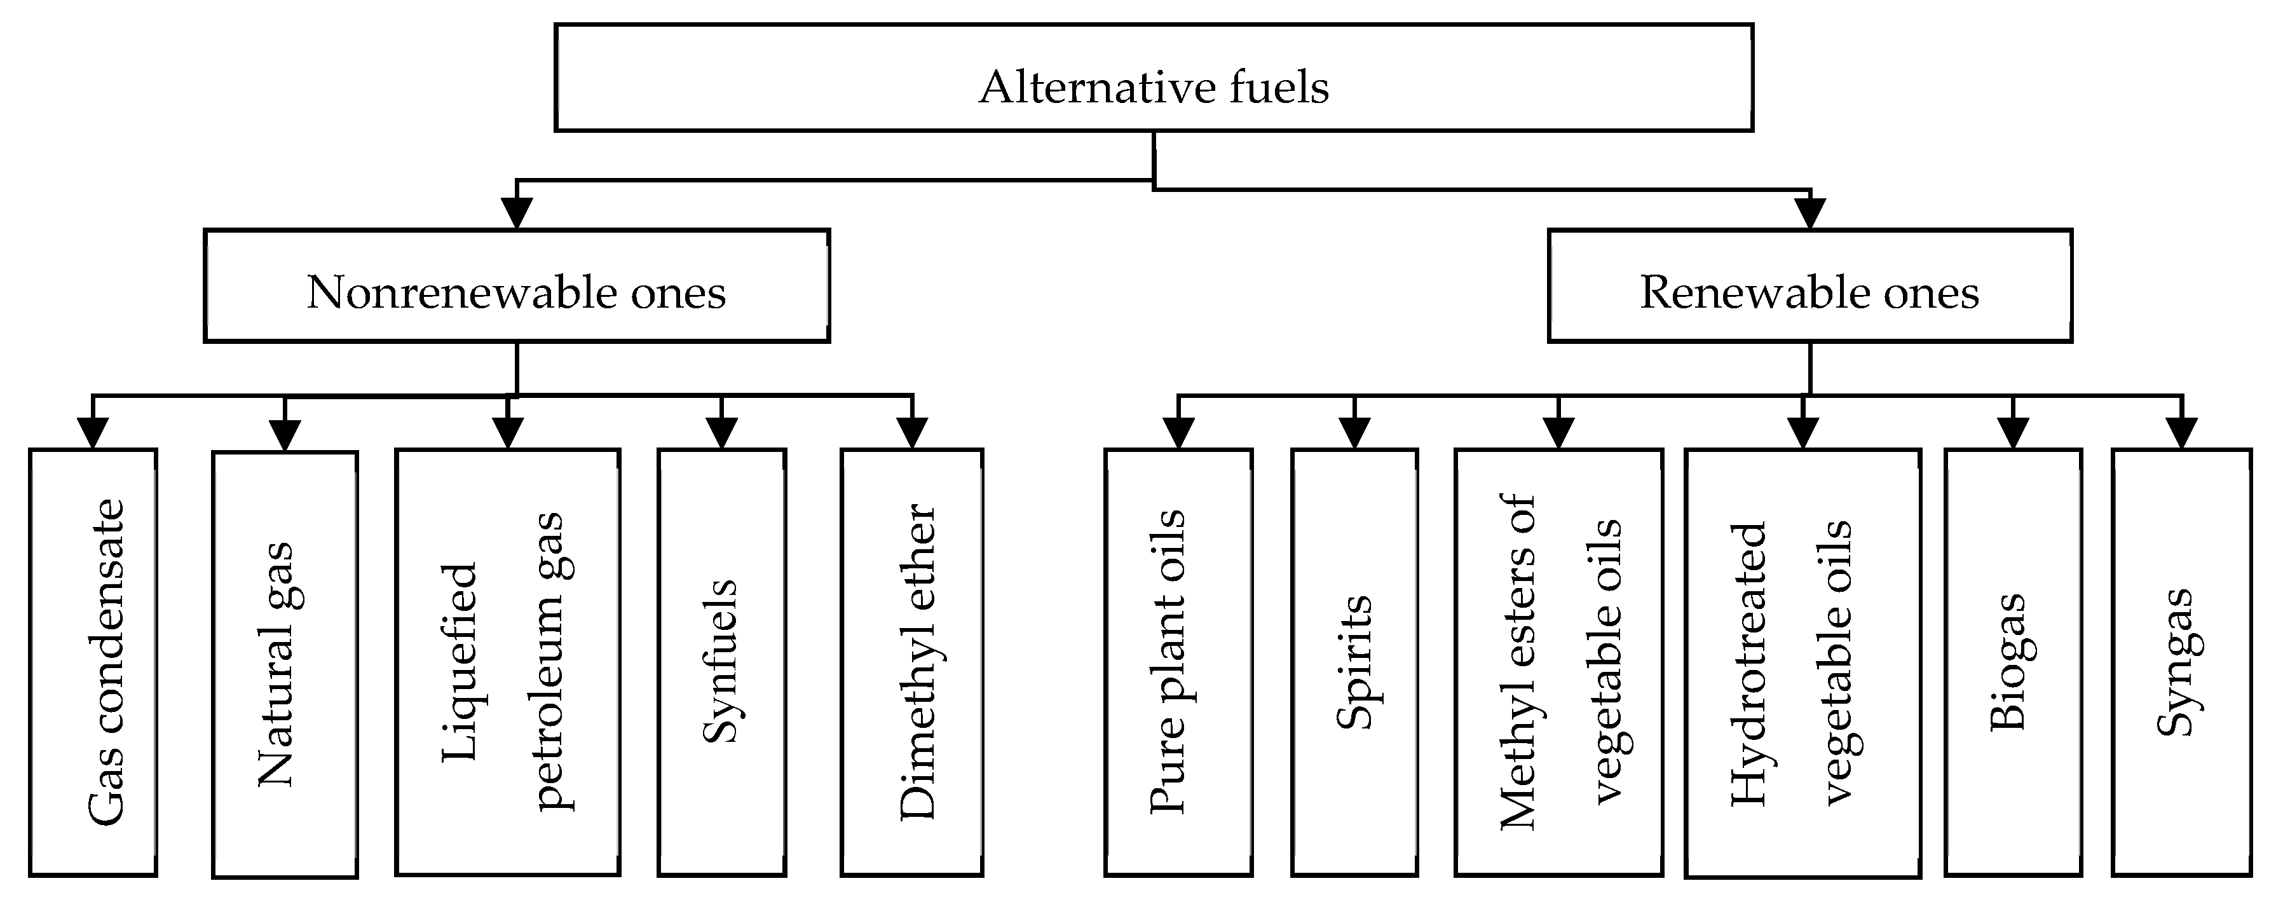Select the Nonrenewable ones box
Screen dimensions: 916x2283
[x=517, y=285]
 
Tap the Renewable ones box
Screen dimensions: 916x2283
[x=1809, y=285]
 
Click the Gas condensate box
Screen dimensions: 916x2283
[x=93, y=662]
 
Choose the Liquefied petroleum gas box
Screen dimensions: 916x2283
[x=507, y=662]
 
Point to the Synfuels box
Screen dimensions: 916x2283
[x=721, y=662]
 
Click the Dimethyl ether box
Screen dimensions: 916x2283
[x=912, y=662]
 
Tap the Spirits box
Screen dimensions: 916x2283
[x=1354, y=662]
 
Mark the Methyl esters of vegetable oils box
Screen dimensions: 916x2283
[x=1558, y=662]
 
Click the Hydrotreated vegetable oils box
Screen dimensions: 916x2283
[x=1803, y=662]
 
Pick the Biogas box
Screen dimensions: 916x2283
[x=2013, y=662]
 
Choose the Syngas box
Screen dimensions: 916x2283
[x=2181, y=662]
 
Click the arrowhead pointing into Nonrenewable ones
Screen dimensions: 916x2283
[x=517, y=213]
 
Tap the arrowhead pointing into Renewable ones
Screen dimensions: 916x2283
[x=1809, y=213]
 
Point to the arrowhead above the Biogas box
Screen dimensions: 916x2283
[x=2013, y=433]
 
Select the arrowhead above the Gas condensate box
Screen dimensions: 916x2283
[x=93, y=433]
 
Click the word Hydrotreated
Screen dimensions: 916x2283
[x=1748, y=665]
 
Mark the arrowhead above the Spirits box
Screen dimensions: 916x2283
[x=1354, y=433]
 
